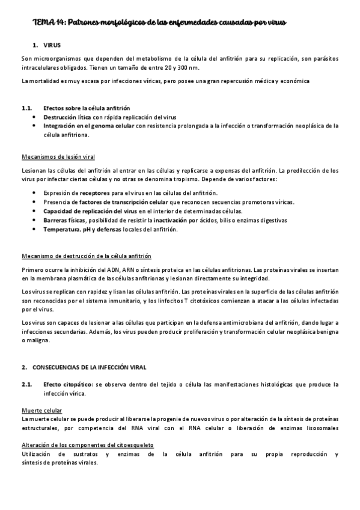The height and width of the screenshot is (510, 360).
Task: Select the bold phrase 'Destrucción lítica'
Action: point(67,117)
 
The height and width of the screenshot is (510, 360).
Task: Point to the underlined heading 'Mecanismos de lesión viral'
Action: point(58,157)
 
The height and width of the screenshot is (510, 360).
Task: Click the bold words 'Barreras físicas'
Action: point(65,220)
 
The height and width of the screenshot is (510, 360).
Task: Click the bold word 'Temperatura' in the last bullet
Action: point(62,229)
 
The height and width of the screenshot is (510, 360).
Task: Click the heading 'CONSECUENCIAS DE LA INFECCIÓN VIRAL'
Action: point(88,366)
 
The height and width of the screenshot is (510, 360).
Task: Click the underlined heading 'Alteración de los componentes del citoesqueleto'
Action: point(87,446)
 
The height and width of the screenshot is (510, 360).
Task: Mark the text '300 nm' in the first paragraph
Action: point(174,67)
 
